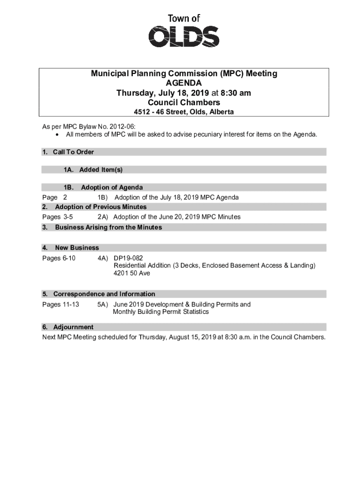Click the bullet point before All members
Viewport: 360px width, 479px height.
coord(57,135)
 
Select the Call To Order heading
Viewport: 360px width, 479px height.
coord(73,152)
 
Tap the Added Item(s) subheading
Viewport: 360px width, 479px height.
coord(101,170)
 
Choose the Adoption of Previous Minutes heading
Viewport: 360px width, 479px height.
coord(101,207)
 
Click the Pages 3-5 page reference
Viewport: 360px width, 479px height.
coord(57,217)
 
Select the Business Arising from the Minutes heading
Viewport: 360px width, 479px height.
coord(108,227)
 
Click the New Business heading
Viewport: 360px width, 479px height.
coord(77,247)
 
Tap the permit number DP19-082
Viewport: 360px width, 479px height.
coord(128,258)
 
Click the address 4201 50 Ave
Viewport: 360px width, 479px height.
coord(131,273)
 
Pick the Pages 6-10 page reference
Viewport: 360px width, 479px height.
coord(59,258)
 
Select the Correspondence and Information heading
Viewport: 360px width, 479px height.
coord(104,294)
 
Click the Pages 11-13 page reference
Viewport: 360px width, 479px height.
coord(60,305)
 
